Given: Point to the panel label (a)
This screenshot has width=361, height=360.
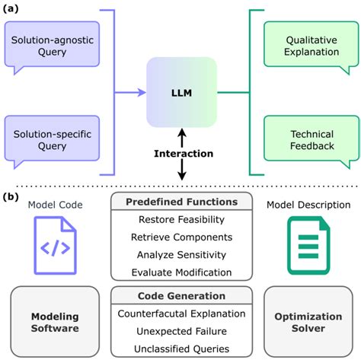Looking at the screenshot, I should click(11, 10).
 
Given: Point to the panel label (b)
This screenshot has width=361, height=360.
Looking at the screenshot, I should click(11, 196).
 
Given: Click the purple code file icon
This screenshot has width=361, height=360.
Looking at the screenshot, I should click(56, 246).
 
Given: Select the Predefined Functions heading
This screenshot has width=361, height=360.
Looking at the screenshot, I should click(180, 202).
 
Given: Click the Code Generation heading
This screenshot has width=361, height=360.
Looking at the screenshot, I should click(180, 296).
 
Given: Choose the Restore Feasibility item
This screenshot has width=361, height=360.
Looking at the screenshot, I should click(180, 220).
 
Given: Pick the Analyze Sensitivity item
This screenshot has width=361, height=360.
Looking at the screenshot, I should click(180, 254).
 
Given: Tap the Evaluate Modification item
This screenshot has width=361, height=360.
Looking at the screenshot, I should click(180, 272).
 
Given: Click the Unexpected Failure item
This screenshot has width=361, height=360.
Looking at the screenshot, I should click(180, 331).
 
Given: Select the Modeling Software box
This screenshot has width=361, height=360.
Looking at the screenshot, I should click(56, 321).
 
